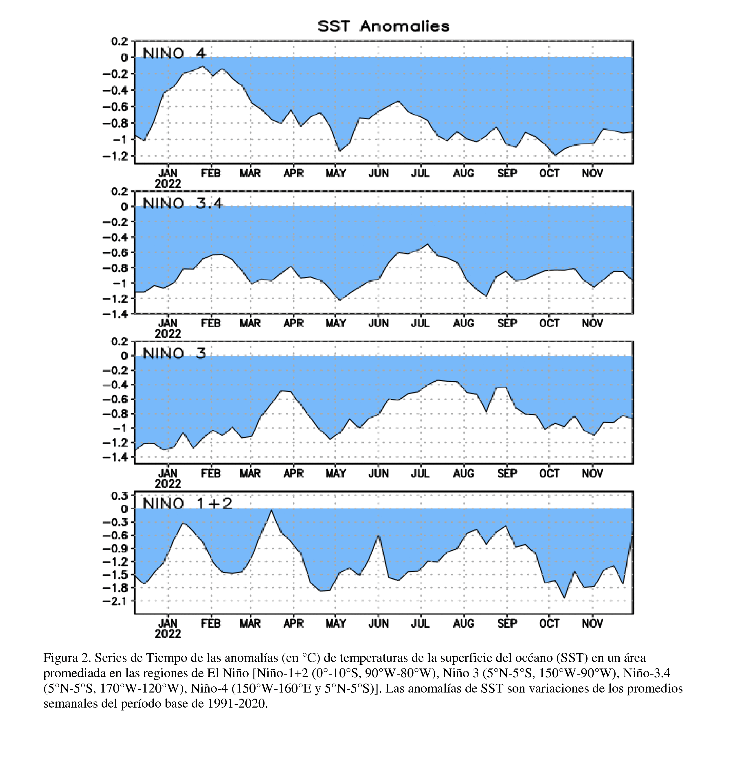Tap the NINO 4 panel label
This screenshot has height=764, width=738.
tap(174, 53)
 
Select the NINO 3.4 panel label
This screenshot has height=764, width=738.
tap(183, 203)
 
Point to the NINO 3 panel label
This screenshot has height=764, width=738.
tap(174, 353)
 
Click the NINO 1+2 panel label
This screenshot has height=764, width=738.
tap(187, 503)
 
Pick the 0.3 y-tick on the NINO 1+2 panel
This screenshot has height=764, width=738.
tap(120, 496)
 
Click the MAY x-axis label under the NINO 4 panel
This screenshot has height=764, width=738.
tap(336, 173)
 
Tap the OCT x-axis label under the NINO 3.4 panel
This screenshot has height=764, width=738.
tap(549, 323)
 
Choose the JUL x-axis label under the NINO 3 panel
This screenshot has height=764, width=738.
tap(421, 473)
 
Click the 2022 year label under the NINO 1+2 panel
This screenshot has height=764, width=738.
tap(168, 633)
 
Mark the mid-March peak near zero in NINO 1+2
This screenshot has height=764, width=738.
tap(271, 510)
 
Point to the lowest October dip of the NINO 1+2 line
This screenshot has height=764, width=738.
tap(564, 597)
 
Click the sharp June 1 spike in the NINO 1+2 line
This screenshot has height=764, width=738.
tap(379, 535)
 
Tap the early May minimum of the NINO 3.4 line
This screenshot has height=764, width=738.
tap(339, 300)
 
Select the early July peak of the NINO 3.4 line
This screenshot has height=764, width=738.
tap(428, 244)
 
